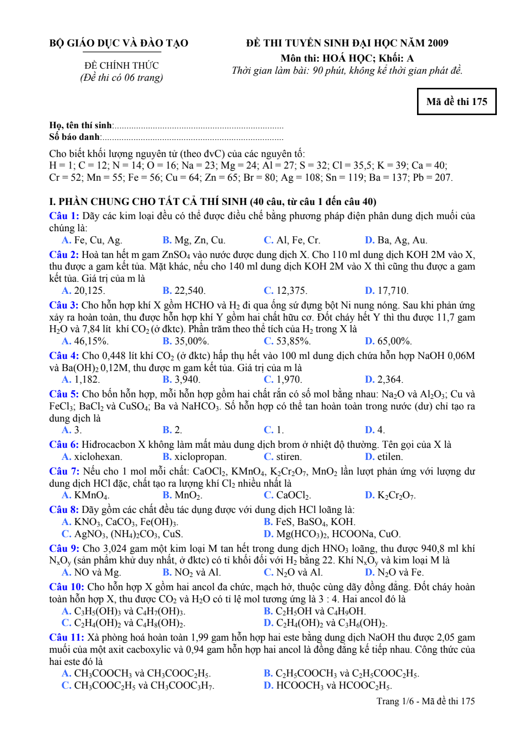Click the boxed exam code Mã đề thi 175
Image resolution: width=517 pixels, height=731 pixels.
(456, 101)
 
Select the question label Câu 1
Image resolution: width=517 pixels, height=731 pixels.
(64, 216)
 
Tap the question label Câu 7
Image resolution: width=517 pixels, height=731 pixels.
(64, 472)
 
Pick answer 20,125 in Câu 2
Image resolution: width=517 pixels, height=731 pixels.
(84, 291)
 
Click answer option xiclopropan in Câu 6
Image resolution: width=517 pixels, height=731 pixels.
(195, 457)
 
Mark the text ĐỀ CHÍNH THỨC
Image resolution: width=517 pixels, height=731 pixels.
(121, 66)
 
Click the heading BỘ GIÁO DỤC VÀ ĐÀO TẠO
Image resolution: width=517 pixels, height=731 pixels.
(119, 43)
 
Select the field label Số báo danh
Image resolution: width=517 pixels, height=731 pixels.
(75, 137)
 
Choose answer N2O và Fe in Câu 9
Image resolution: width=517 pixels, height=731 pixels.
(395, 572)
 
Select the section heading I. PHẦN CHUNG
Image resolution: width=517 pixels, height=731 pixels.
(212, 202)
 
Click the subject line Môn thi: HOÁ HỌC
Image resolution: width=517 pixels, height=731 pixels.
(347, 58)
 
